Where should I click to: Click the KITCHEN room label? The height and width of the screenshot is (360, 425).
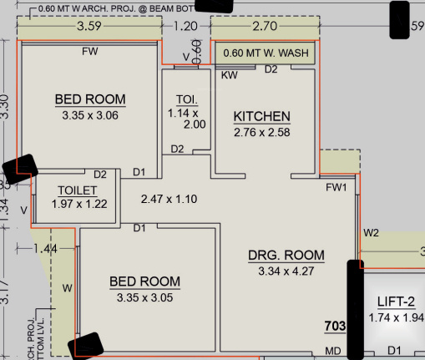[x=261, y=116]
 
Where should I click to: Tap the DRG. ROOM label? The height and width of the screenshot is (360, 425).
[x=286, y=255]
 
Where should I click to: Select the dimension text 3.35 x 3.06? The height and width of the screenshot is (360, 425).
[x=90, y=116]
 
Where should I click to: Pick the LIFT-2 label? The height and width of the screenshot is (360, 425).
[x=396, y=302]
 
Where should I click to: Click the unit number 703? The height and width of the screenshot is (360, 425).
[x=336, y=326]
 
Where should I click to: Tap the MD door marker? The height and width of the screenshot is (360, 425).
[x=333, y=350]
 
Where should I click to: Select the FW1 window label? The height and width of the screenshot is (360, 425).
[x=336, y=188]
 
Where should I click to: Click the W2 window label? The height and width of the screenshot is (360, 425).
[x=372, y=231]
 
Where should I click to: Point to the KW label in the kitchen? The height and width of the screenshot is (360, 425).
[x=227, y=75]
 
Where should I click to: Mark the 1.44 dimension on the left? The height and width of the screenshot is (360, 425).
[x=47, y=249]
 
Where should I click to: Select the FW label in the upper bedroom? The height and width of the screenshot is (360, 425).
[x=89, y=52]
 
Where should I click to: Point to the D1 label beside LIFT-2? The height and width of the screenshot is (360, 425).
[x=395, y=350]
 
